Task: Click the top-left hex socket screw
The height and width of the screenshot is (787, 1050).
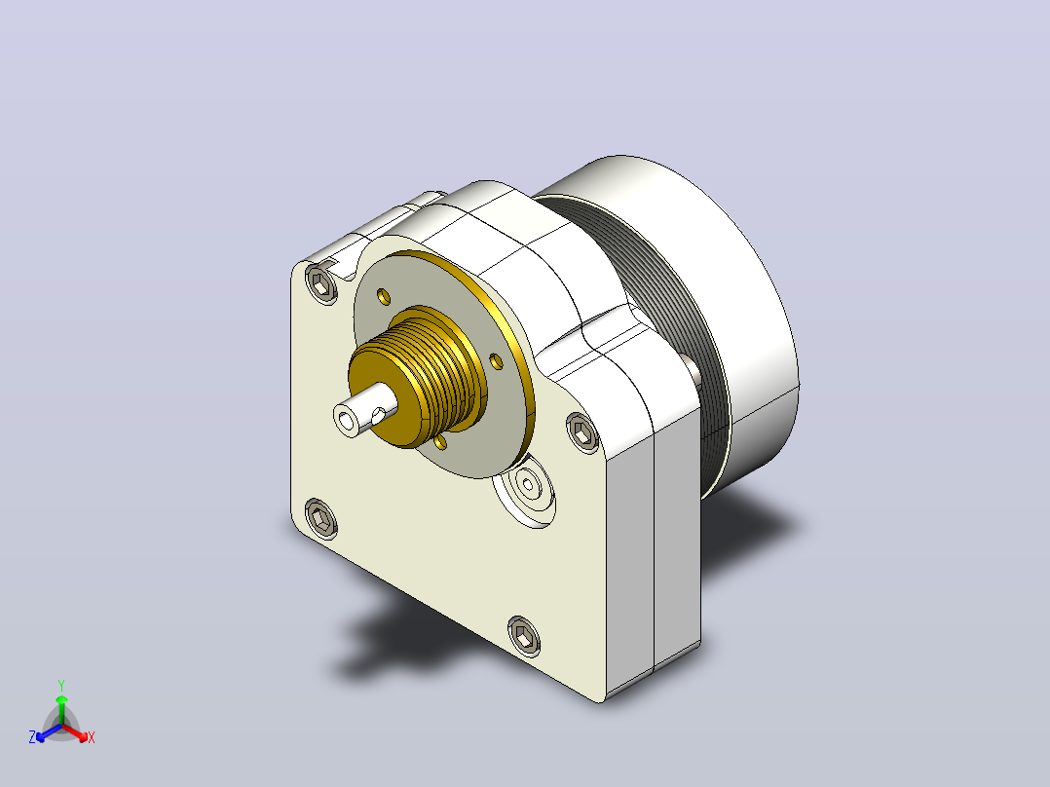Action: point(322,284)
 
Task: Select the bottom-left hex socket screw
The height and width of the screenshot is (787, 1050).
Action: point(321,518)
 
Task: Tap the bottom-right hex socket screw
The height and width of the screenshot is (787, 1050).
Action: point(524,636)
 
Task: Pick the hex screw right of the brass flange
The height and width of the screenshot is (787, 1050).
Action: point(582,432)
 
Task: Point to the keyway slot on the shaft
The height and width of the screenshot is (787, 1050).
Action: point(378,416)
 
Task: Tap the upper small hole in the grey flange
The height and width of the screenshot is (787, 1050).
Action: point(384,295)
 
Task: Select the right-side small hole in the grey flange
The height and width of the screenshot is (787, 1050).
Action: point(496,361)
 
